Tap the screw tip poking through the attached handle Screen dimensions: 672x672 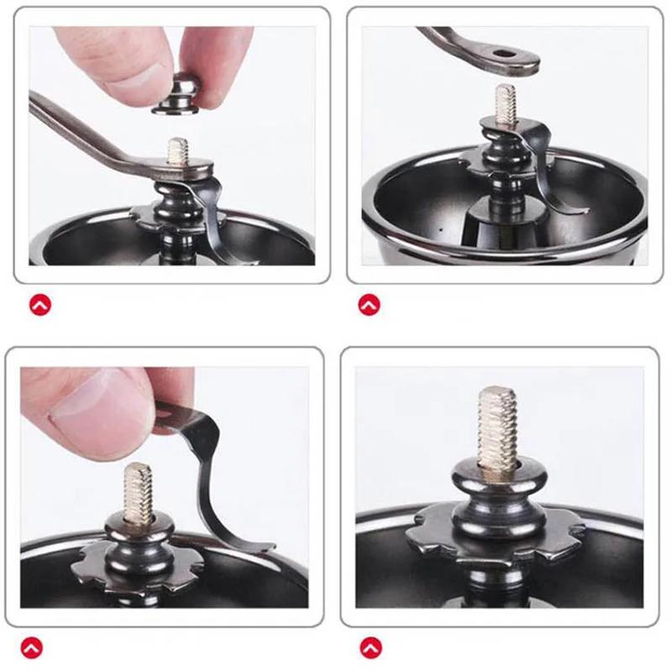point(177,150)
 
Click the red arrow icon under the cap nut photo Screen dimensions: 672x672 point(40,305)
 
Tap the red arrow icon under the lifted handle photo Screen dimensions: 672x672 point(369,305)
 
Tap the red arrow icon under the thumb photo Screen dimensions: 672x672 point(33,647)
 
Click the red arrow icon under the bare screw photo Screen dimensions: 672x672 point(370,647)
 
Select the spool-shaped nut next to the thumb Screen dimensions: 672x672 point(138,538)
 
